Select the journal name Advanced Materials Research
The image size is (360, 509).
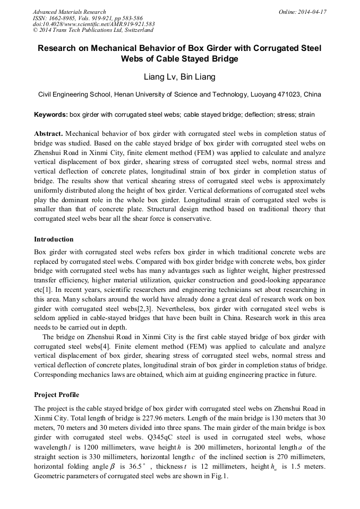pos(69,12)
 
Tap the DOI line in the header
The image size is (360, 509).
pos(93,24)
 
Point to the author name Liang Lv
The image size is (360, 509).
pos(159,77)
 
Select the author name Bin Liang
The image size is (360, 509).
pos(198,77)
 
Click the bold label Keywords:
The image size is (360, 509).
pos(50,115)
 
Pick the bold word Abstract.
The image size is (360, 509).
pos(48,133)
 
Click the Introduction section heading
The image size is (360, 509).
pos(54,239)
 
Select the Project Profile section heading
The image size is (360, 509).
pos(56,395)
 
